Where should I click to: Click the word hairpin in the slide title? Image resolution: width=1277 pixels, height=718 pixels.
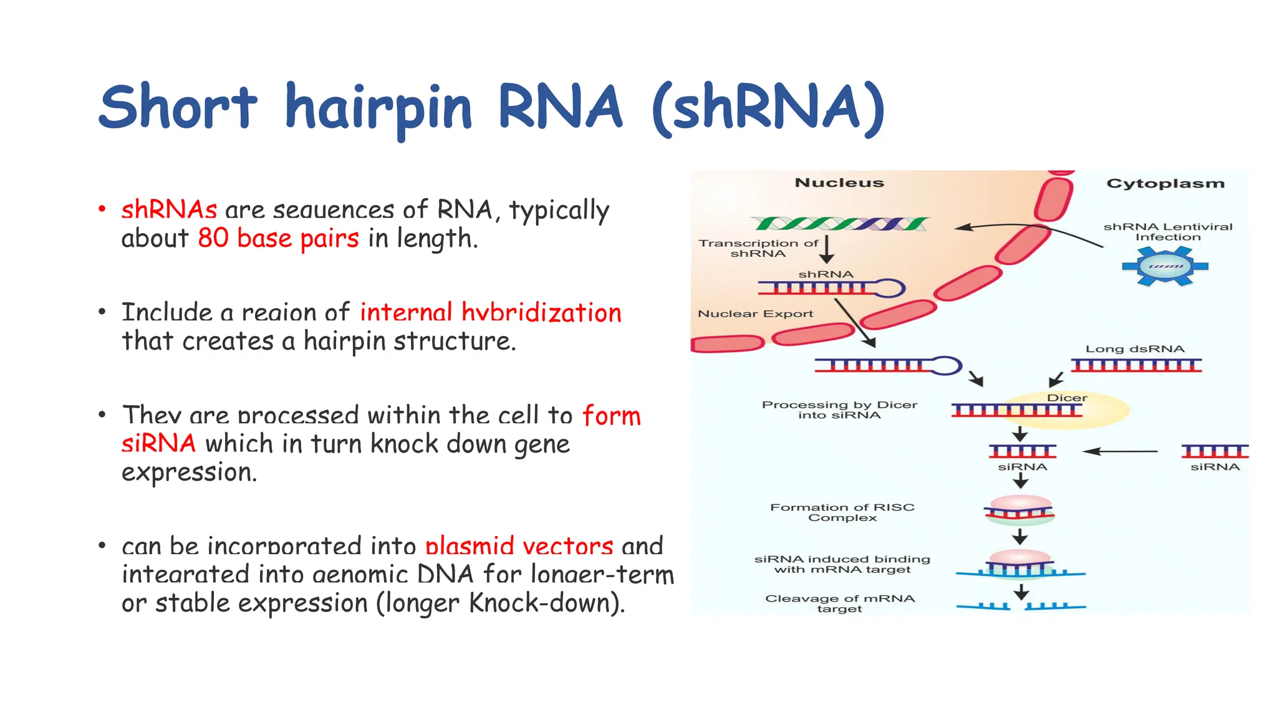tap(378, 108)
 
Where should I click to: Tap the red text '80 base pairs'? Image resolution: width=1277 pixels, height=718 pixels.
tap(278, 239)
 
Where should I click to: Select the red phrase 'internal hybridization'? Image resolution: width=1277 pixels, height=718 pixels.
tap(491, 312)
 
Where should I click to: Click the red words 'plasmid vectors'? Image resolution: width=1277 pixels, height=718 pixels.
tap(519, 546)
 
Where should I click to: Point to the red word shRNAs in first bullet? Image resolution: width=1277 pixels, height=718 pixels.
tap(169, 210)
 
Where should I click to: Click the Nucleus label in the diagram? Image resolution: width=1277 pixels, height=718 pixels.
tap(839, 183)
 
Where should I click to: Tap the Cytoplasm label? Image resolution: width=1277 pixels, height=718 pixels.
tap(1165, 183)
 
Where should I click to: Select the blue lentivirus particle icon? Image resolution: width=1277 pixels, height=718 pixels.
tap(1165, 266)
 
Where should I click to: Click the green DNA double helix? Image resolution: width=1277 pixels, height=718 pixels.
tap(840, 223)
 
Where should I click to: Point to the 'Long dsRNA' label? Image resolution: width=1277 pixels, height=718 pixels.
tap(1134, 349)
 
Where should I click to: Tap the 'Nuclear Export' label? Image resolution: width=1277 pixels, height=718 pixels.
tap(755, 314)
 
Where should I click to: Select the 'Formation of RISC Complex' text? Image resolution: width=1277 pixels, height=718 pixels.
tap(842, 512)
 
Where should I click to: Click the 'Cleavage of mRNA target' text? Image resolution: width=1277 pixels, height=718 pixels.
tap(839, 603)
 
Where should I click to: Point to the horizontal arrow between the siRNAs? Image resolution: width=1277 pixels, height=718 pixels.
tap(1120, 451)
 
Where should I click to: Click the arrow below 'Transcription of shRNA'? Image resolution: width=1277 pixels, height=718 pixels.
tap(827, 249)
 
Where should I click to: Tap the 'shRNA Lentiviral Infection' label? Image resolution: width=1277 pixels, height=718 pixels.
tap(1167, 232)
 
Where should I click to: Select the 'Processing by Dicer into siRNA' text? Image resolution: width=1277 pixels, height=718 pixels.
tap(839, 409)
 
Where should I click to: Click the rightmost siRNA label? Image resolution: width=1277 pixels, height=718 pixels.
tap(1215, 467)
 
